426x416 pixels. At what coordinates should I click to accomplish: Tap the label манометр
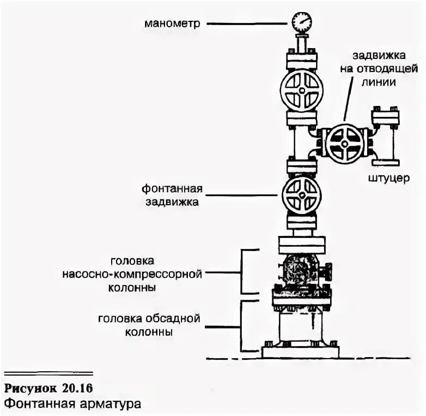173,23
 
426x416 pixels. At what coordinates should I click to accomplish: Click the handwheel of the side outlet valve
345,144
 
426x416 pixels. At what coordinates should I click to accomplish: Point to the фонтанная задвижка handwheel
301,194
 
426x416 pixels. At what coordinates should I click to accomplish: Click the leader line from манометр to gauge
248,23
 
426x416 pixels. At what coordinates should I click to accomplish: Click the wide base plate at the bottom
301,350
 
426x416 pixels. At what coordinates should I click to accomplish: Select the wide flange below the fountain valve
301,242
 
